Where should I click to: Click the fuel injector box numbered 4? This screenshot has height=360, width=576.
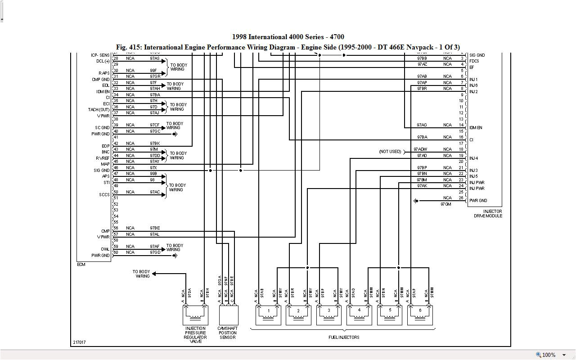359,315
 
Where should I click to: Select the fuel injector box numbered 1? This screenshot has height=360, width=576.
268,315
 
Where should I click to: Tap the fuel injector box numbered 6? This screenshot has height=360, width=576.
420,315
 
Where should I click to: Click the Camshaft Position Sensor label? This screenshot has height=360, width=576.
228,333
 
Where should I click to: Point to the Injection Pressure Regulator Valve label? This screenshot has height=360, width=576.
195,335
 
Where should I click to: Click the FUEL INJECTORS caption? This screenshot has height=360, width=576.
344,337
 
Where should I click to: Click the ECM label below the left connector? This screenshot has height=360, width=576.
81,265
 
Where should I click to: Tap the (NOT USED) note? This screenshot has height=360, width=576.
390,152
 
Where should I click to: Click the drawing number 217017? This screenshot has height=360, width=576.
79,342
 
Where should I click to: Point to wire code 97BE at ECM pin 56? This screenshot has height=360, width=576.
155,228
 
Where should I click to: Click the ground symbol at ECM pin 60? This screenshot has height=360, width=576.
175,256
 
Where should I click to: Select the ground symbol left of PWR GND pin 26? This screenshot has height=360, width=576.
416,201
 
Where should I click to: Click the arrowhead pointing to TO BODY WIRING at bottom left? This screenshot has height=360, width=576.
154,273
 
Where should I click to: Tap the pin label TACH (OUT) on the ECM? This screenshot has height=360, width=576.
99,110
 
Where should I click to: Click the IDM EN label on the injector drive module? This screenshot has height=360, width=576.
476,128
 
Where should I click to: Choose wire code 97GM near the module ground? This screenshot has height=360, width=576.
445,204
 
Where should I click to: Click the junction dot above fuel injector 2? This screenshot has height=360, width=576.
307,268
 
